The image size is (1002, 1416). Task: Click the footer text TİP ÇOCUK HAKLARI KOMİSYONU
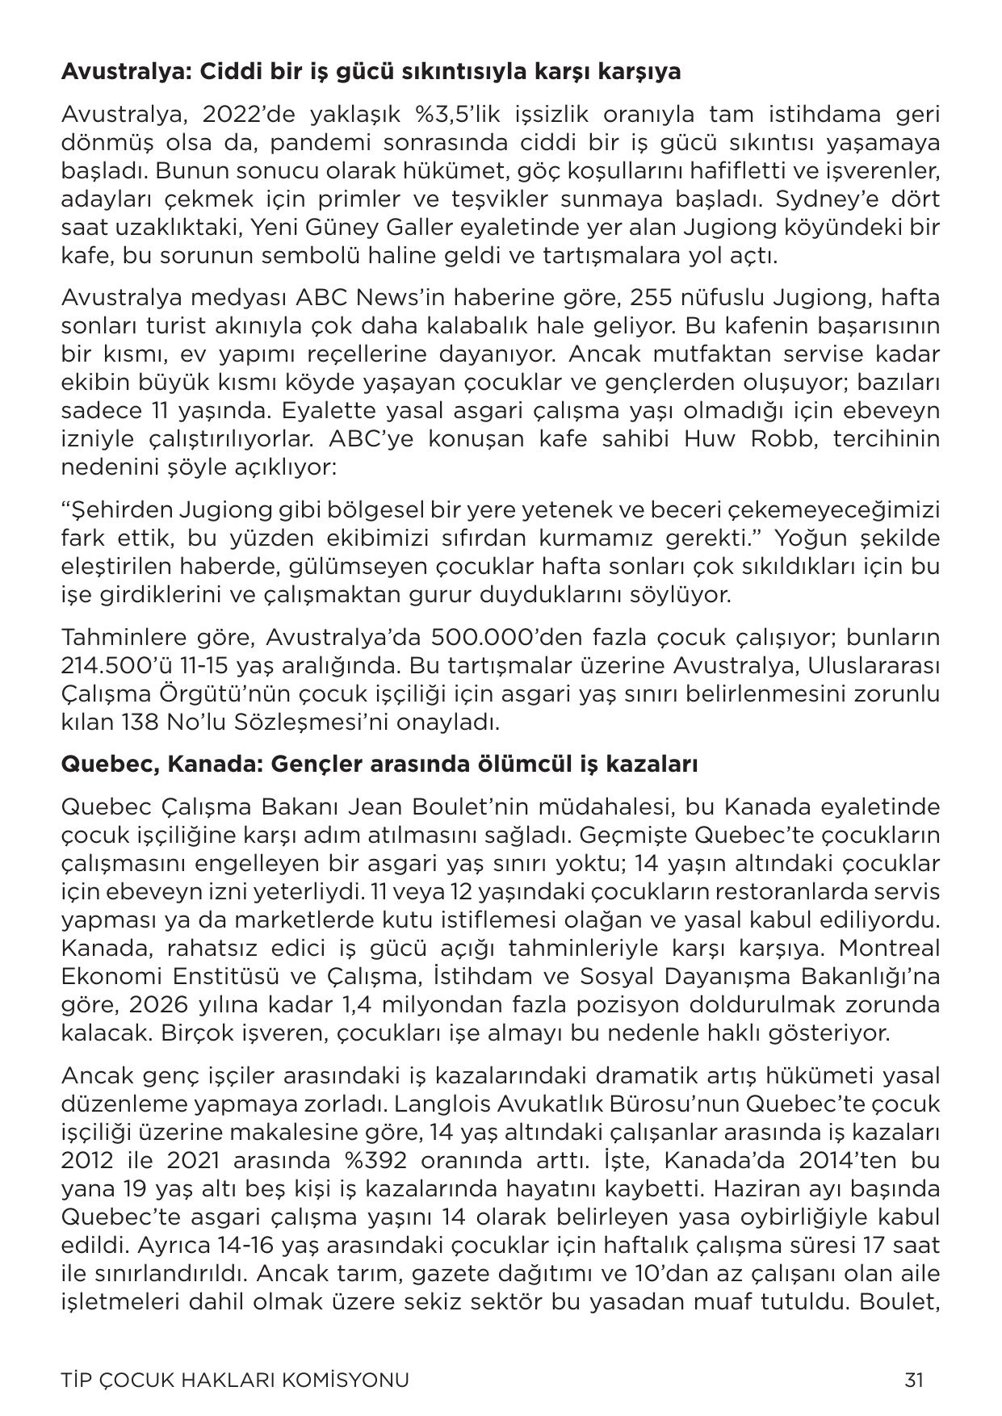tap(235, 1379)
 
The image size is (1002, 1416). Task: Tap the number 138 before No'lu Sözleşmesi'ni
tap(136, 723)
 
